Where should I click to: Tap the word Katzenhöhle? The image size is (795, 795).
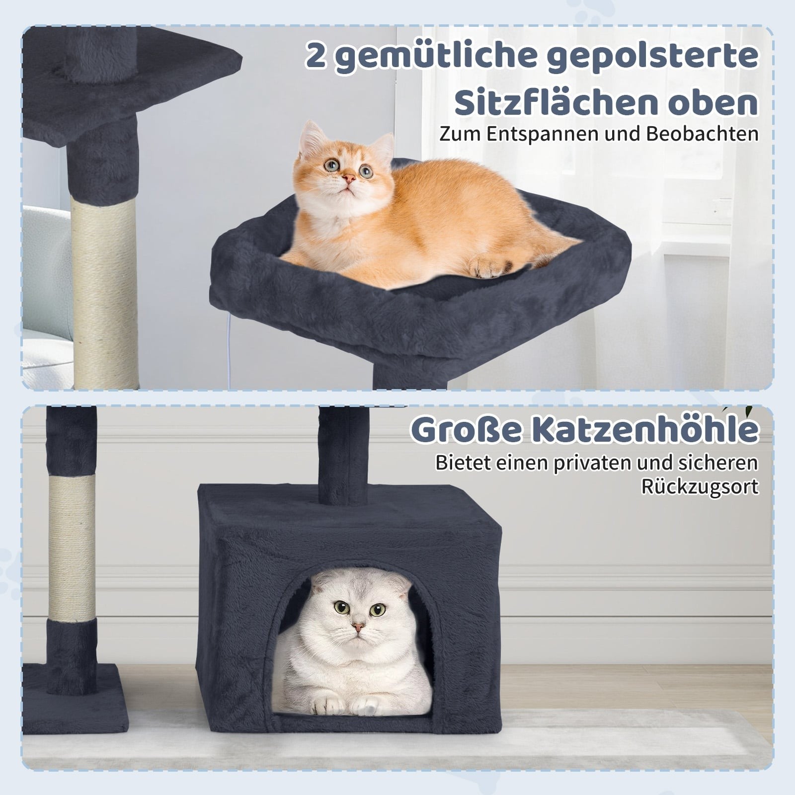pos(645,430)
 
